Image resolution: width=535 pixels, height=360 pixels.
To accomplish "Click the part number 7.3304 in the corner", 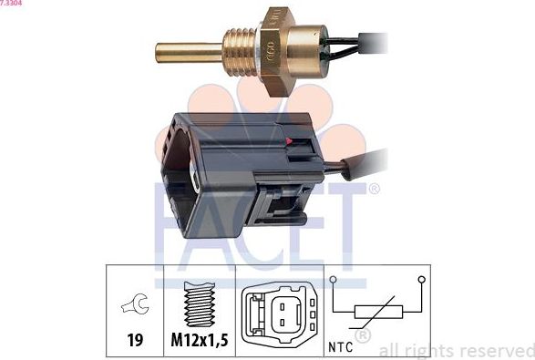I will tap(12, 4).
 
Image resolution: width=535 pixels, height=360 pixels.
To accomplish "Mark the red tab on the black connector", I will tap(290, 142).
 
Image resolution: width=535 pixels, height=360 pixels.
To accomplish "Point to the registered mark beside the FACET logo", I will tap(373, 190).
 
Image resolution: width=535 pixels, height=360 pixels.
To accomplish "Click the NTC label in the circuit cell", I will tap(339, 345).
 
